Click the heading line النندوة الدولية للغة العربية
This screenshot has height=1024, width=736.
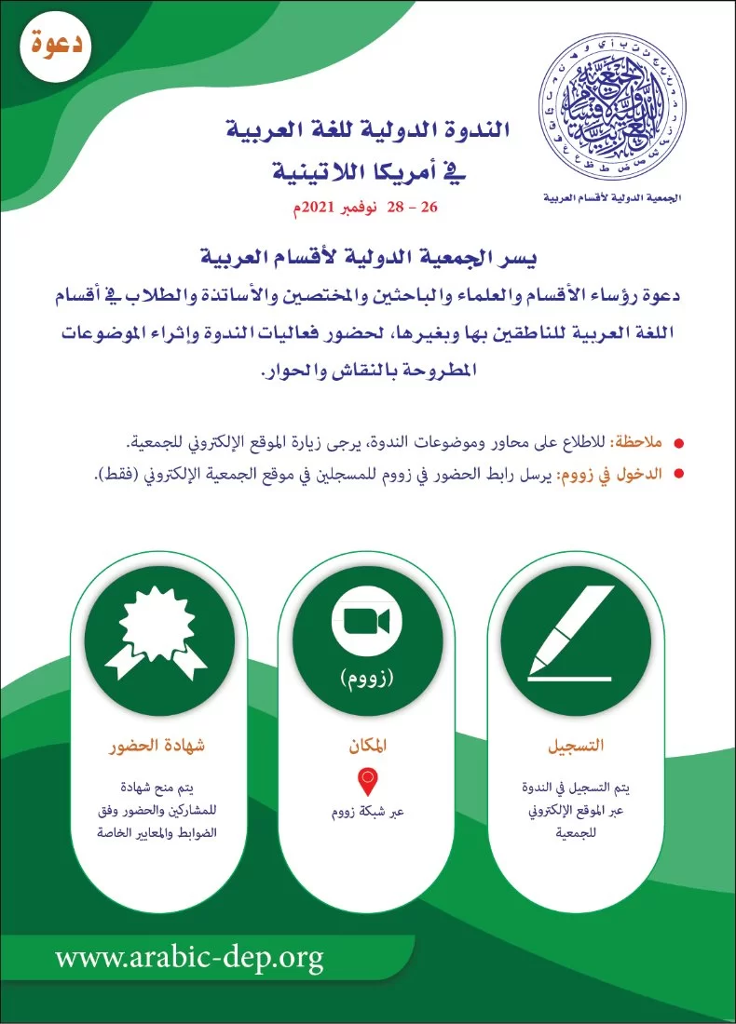(369, 130)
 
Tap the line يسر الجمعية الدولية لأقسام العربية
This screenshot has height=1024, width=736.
(369, 254)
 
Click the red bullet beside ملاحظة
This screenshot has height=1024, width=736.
(678, 443)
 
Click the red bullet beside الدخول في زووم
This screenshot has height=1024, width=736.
(678, 474)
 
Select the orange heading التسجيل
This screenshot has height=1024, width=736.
(575, 747)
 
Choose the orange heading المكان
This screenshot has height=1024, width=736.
(367, 747)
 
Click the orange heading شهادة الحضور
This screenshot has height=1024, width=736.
(157, 747)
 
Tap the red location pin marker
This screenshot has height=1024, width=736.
(366, 779)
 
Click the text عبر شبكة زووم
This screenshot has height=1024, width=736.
(366, 811)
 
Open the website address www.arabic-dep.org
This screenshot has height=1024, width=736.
(189, 956)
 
